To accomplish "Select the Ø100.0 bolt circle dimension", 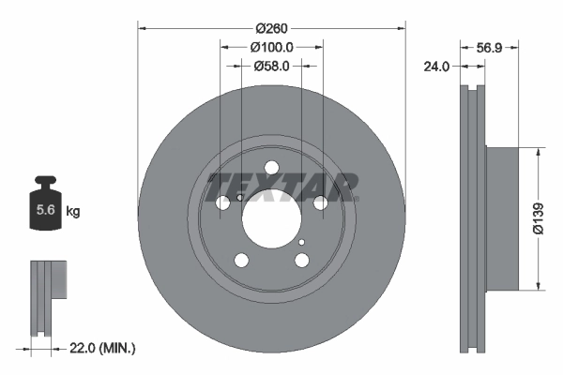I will [x=272, y=46].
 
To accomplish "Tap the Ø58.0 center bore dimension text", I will [x=271, y=66].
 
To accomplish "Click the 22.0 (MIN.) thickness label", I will [x=103, y=348].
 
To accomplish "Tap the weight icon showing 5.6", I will [x=44, y=208].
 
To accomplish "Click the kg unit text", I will [x=73, y=212].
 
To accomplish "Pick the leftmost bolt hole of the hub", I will [x=223, y=203].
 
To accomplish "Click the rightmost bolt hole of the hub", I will [x=320, y=202].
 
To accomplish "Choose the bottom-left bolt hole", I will [x=241, y=261].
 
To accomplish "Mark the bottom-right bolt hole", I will [x=301, y=261].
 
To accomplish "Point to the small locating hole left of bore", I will [x=241, y=197].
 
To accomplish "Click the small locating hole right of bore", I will [x=301, y=242].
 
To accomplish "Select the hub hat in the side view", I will [x=501, y=217].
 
